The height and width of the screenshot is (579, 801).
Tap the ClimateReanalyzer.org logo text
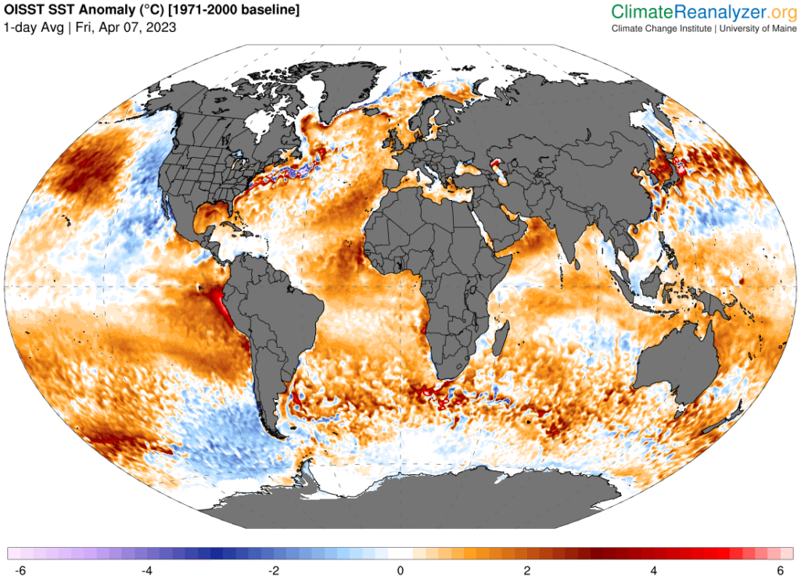704,12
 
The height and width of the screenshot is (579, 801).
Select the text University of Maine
758,29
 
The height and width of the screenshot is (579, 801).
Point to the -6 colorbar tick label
20,570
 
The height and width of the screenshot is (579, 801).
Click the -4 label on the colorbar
147,570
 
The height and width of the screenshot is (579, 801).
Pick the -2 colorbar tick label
274,570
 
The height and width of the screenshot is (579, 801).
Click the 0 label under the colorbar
400,570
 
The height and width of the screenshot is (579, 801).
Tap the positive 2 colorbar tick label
527,570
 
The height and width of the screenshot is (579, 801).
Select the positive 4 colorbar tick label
654,570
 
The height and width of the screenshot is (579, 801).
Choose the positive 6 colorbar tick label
781,570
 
